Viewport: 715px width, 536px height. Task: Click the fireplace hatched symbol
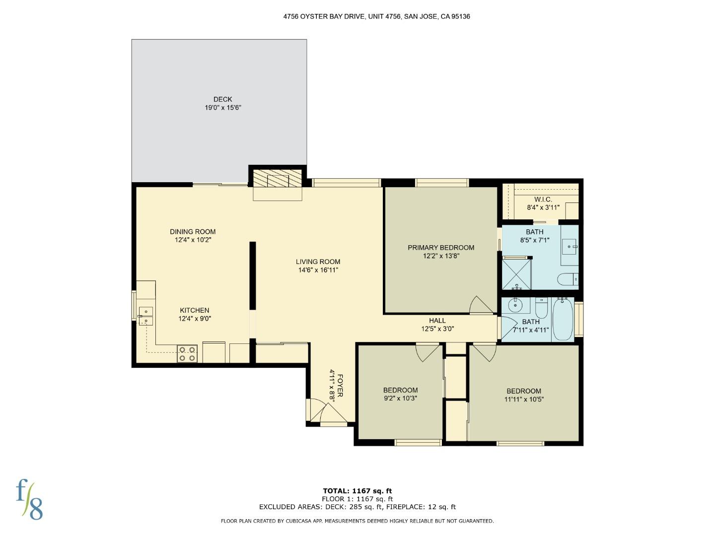click(x=277, y=179)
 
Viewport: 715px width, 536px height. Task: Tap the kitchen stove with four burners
click(x=187, y=353)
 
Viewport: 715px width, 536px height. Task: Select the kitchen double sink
click(x=146, y=316)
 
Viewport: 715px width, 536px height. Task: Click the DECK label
click(x=222, y=99)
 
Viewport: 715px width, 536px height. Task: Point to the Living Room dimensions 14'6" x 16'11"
click(x=318, y=270)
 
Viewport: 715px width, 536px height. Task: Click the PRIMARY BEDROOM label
click(x=440, y=248)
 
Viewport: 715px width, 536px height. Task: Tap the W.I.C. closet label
click(x=543, y=199)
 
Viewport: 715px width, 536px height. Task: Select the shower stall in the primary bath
click(x=516, y=273)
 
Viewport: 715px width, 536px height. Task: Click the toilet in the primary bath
click(x=567, y=280)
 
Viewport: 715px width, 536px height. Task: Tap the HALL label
click(x=437, y=321)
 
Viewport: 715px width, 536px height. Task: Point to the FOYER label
click(x=340, y=385)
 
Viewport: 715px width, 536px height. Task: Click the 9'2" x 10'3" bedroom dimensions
click(x=400, y=398)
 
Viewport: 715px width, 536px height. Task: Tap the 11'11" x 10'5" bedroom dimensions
click(x=524, y=399)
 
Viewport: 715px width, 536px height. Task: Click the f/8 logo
click(x=29, y=499)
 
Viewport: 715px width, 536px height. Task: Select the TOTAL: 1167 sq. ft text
click(x=357, y=491)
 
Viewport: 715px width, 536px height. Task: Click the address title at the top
click(x=376, y=16)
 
